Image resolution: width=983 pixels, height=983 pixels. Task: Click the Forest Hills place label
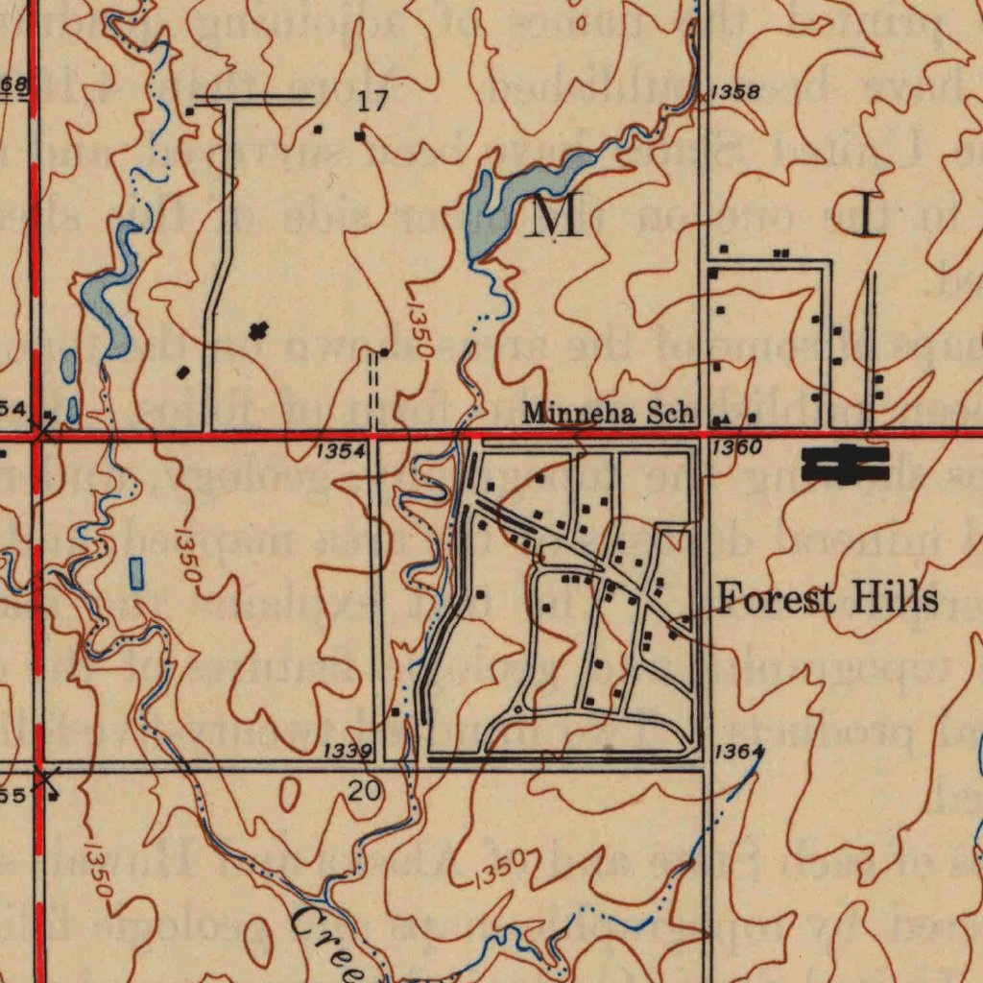click(827, 600)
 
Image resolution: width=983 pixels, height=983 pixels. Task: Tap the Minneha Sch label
click(608, 414)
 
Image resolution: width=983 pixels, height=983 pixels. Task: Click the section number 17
click(372, 103)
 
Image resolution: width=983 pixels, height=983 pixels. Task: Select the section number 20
click(365, 792)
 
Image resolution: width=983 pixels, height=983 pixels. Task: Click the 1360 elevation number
click(737, 447)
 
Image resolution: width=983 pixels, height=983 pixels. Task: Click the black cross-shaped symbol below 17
click(256, 332)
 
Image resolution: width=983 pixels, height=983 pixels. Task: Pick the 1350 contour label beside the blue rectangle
click(188, 556)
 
